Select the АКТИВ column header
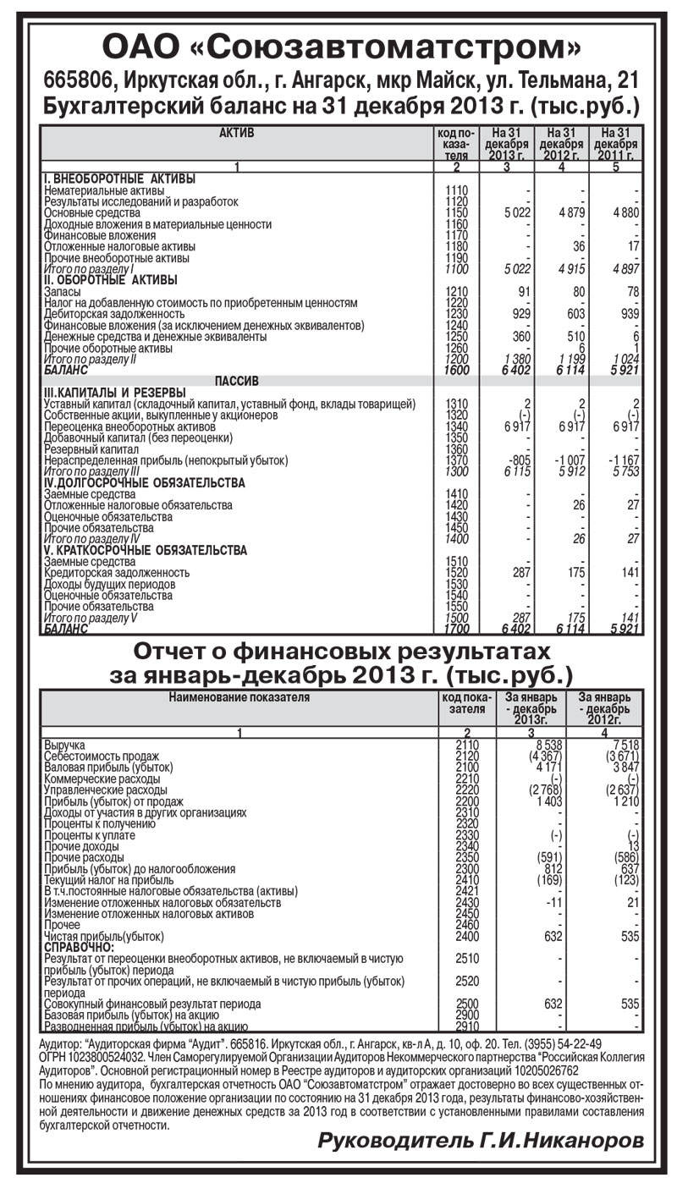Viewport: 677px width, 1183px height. [x=236, y=133]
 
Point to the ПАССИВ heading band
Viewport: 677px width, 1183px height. [x=236, y=381]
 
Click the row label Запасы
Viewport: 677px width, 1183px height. [x=62, y=291]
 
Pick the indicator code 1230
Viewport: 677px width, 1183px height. [x=456, y=314]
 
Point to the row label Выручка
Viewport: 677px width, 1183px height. [x=65, y=745]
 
